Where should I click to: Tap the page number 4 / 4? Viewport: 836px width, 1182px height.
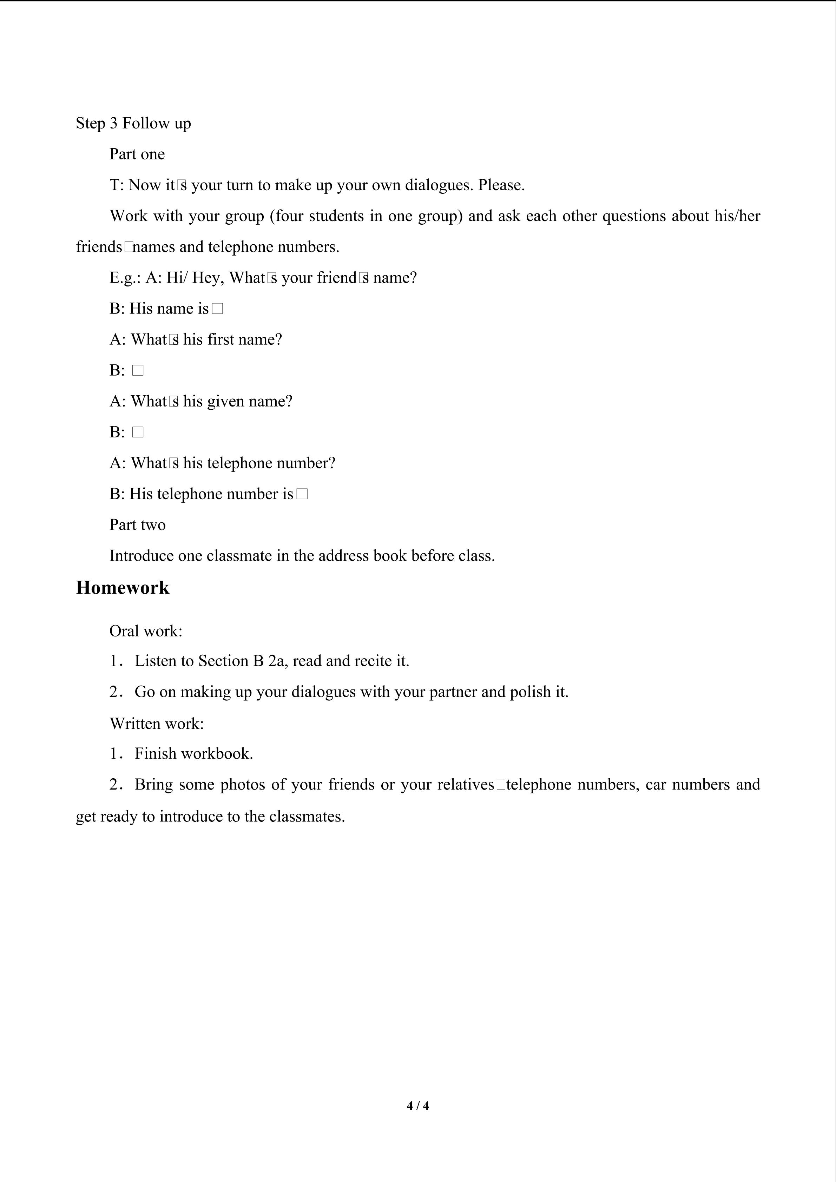pos(417,1105)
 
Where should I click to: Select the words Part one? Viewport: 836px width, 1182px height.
pos(137,154)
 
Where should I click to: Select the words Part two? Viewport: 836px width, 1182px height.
pos(137,525)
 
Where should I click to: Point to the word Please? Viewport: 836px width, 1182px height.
pos(501,185)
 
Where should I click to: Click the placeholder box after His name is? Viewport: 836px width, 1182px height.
pos(217,309)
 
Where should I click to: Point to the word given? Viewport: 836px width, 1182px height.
pos(225,402)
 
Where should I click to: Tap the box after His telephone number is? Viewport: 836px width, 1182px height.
pos(302,494)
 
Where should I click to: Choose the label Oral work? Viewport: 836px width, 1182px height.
pos(146,631)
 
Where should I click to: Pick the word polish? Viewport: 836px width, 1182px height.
pos(530,692)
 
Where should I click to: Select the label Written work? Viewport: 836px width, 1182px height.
pos(157,724)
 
